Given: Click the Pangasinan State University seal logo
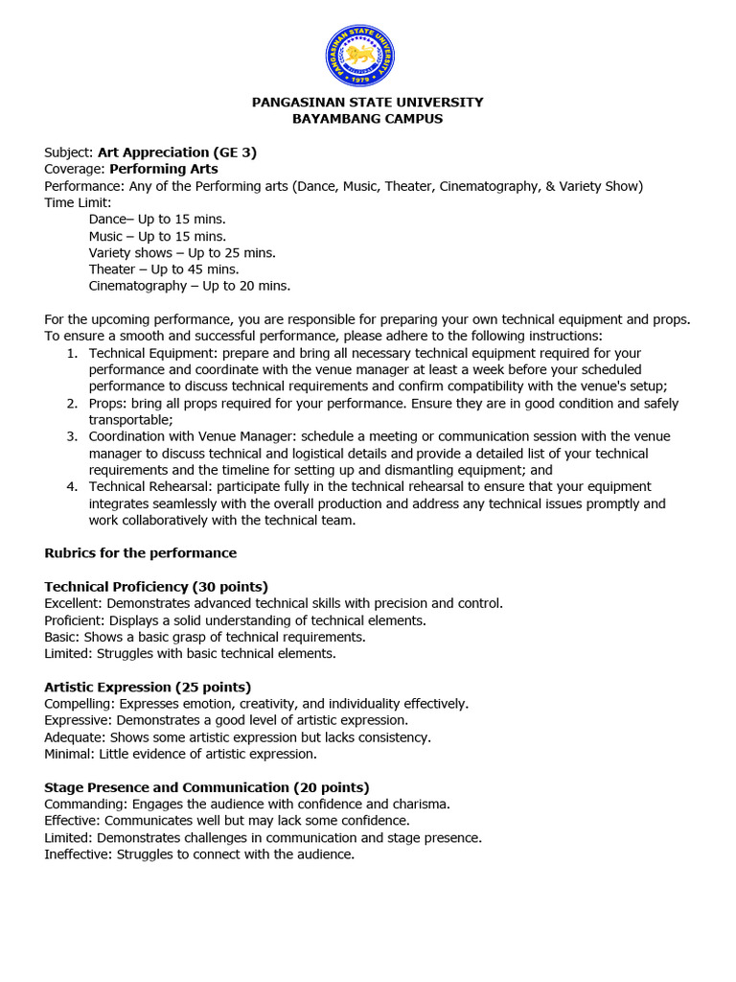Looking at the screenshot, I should point(359,56).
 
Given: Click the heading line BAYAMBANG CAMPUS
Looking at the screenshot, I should point(367,119).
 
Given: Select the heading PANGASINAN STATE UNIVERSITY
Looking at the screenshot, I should point(367,102).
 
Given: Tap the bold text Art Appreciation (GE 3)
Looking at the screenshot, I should point(176,152).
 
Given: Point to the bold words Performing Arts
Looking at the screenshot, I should point(163,169).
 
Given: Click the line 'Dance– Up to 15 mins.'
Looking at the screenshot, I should point(157,220).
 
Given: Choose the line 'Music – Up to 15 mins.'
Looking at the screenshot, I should point(157,236).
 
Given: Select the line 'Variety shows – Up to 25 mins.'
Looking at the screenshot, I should point(182,253).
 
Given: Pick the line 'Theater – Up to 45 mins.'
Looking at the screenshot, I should point(164,269).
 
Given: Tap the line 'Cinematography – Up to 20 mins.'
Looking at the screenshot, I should point(190,286).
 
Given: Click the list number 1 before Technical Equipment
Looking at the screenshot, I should point(72,353).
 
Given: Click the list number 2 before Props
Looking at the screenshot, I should point(72,403).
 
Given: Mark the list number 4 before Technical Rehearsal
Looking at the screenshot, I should point(72,486).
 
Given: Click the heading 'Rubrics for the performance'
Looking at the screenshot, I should point(141,553).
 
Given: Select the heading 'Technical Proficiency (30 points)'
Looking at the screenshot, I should point(156,587).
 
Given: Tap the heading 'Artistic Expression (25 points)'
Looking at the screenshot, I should point(148,687).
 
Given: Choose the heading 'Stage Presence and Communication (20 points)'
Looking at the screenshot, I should point(207,787).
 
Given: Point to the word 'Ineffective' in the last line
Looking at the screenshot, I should point(78,853).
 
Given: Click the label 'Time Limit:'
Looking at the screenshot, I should point(78,202).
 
